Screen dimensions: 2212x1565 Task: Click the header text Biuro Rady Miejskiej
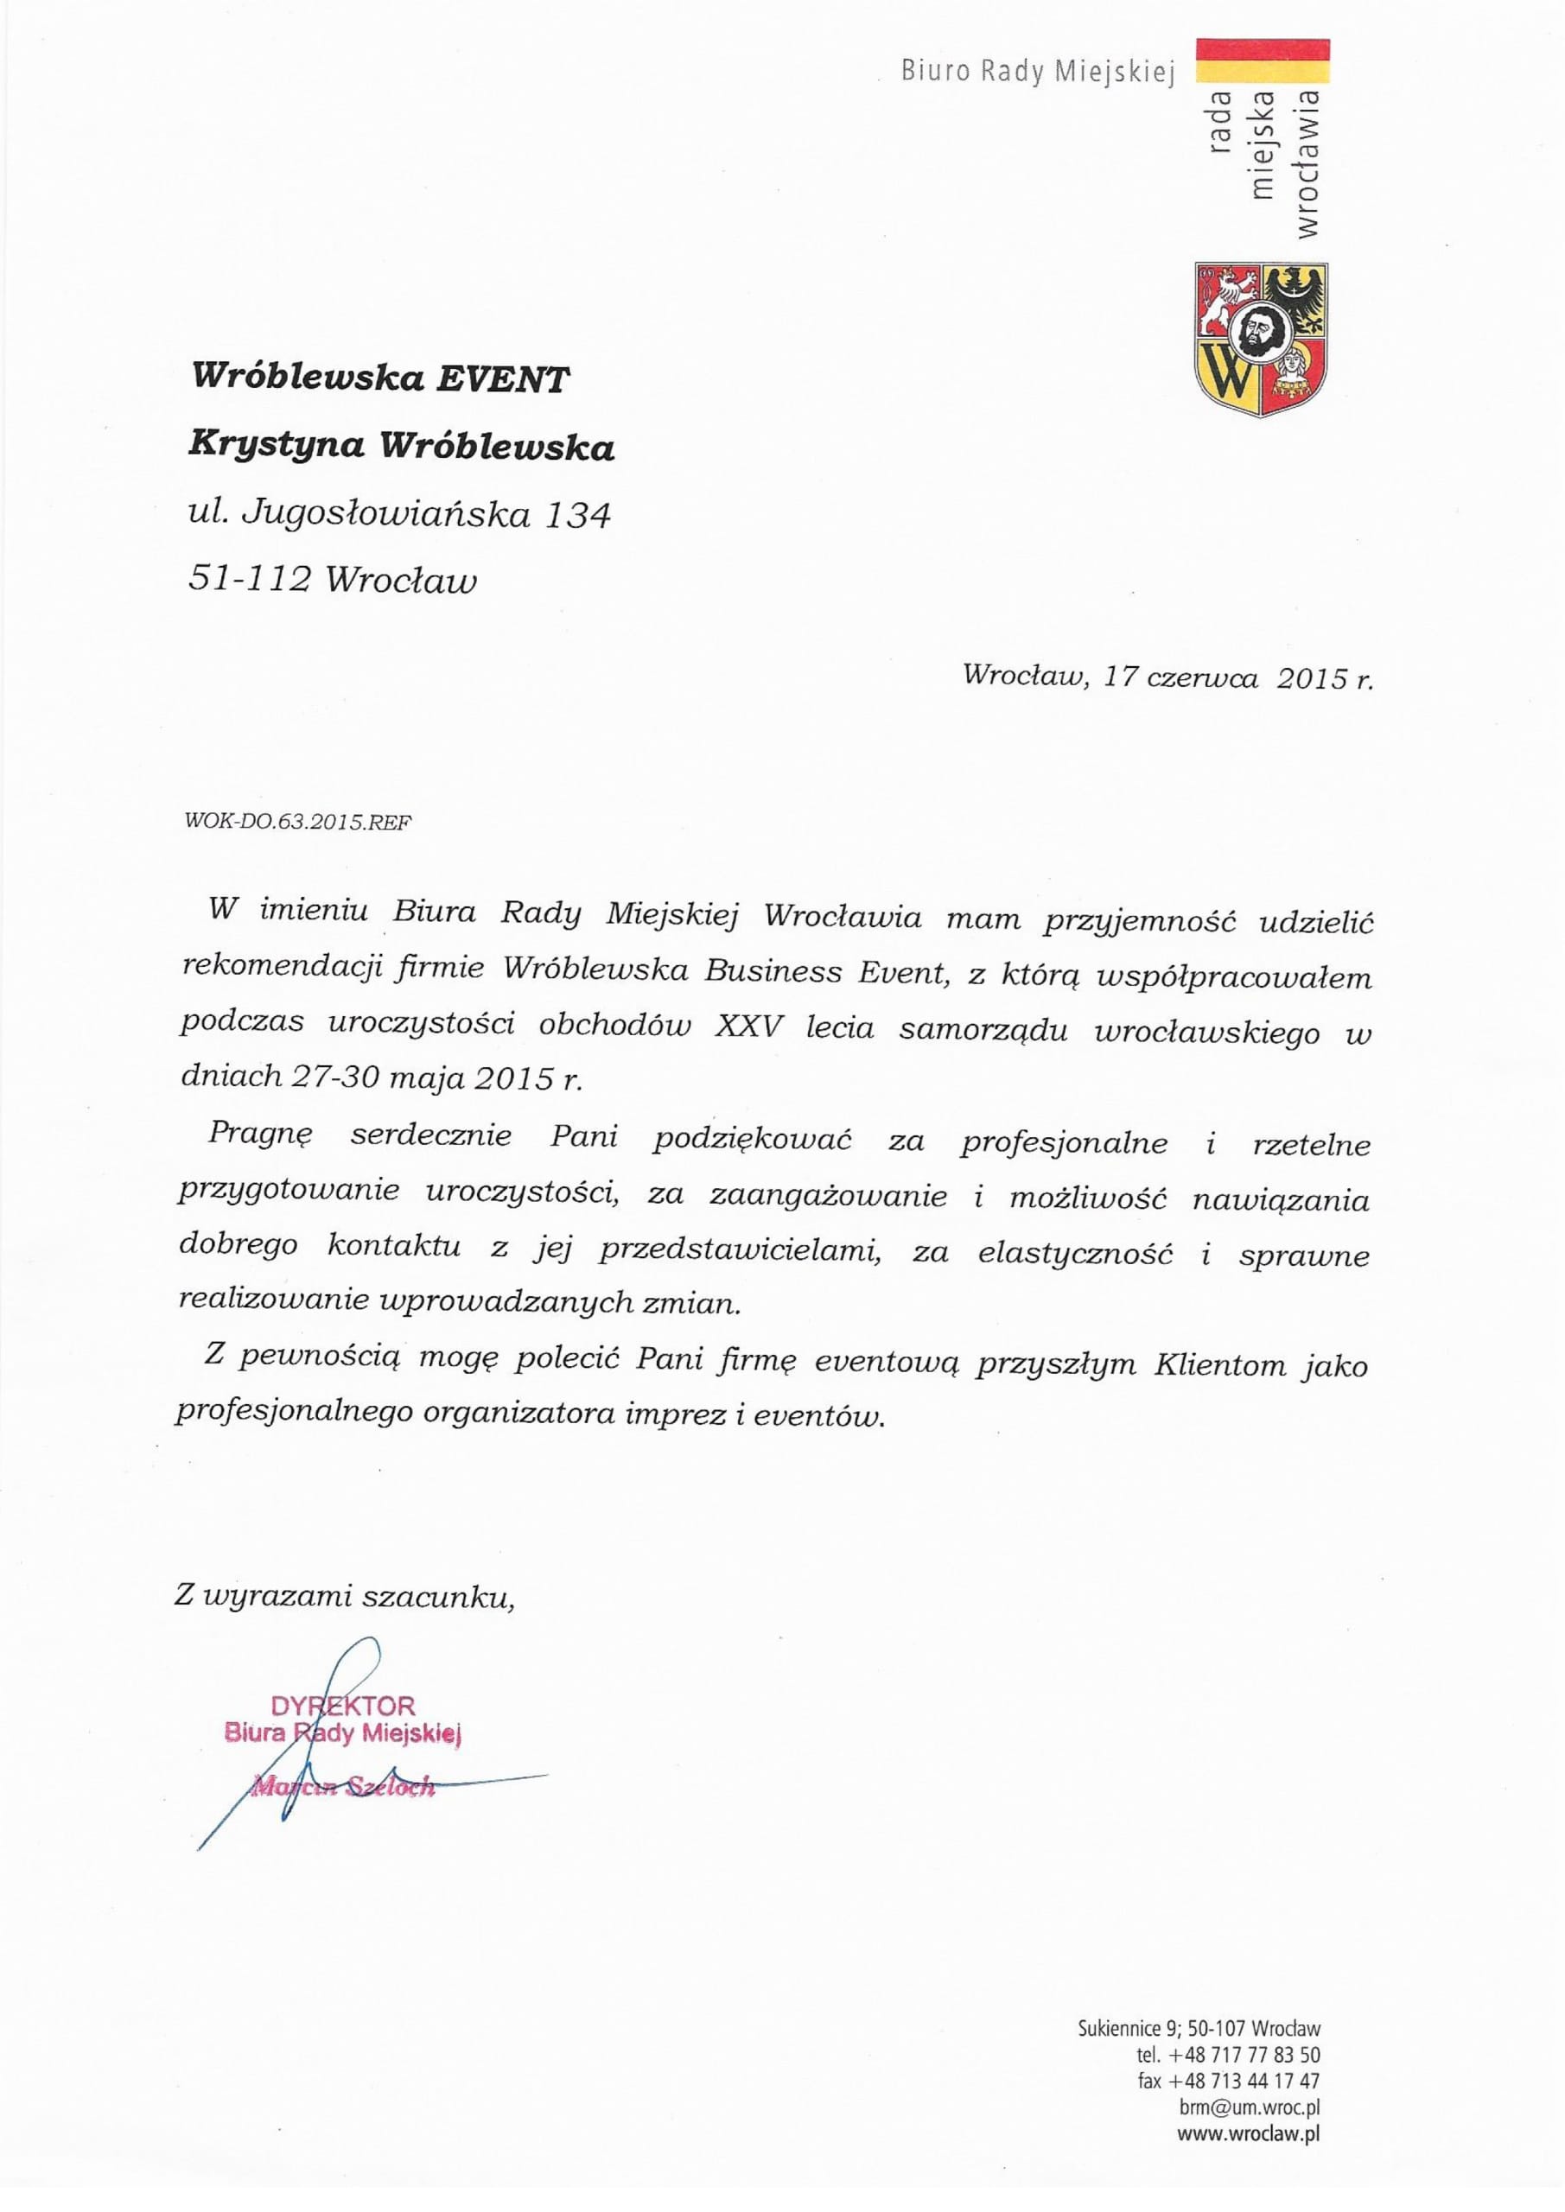[1038, 72]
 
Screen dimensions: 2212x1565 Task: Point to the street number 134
[578, 516]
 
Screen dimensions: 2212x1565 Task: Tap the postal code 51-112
[250, 579]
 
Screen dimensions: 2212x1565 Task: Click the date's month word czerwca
[1203, 677]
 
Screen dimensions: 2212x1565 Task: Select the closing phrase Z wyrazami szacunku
[344, 1597]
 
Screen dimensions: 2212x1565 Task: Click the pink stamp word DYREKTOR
[343, 1707]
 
